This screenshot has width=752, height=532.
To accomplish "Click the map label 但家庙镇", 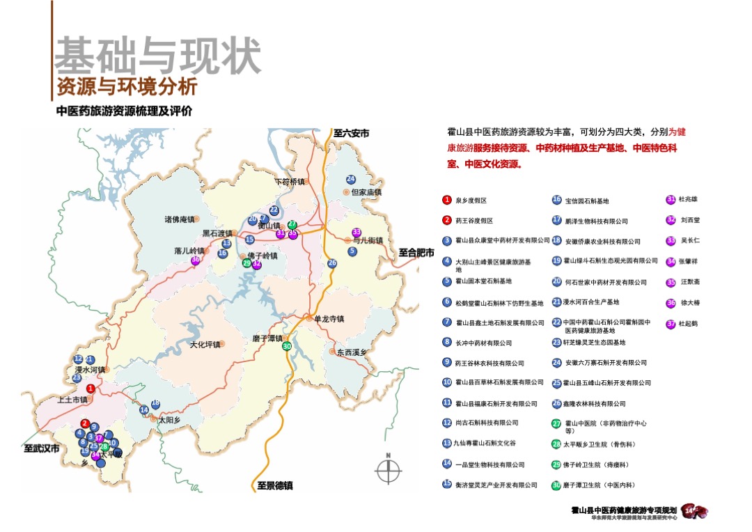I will (367, 192).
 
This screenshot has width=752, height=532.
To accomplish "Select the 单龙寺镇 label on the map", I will (330, 319).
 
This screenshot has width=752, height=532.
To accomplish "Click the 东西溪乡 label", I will (352, 352).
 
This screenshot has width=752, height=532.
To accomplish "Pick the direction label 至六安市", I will (351, 133).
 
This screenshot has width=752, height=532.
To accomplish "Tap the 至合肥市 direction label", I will (416, 253).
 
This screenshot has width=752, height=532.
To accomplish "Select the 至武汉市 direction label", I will (43, 448).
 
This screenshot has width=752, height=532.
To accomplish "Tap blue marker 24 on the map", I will (351, 179).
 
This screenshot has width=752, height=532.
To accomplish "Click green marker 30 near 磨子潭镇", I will (287, 347).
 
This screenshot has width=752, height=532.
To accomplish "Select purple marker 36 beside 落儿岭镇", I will (196, 260).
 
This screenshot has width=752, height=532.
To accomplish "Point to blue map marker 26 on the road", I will (332, 263).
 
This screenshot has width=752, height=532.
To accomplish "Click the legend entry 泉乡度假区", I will (471, 201).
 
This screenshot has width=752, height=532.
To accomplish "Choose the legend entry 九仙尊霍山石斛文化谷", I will (485, 444).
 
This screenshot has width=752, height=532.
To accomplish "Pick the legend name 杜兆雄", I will (688, 199).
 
